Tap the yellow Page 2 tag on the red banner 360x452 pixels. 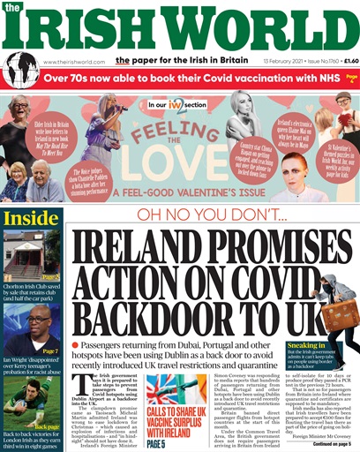click(350, 79)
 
